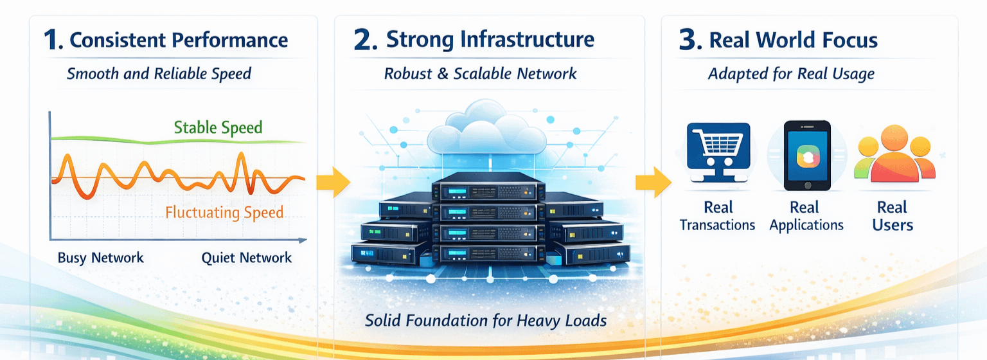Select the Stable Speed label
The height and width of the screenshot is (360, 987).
[x=218, y=127]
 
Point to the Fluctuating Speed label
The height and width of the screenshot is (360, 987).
[x=224, y=212]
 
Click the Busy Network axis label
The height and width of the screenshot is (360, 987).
[x=101, y=258]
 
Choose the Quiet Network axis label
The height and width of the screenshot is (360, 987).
[x=247, y=258]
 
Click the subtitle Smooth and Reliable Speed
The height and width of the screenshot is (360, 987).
[x=159, y=73]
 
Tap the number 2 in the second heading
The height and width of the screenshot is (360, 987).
[x=364, y=40]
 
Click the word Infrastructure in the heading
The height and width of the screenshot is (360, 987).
[x=528, y=40]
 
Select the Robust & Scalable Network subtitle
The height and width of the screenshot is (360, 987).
[x=481, y=73]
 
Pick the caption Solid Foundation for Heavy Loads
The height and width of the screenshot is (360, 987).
[x=486, y=319]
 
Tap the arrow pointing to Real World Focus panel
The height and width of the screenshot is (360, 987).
[x=652, y=182]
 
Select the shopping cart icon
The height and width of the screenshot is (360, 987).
[x=718, y=147]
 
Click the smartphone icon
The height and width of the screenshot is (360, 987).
[x=807, y=156]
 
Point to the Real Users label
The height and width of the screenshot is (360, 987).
[x=893, y=216]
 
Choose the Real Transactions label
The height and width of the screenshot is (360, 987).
[x=718, y=216]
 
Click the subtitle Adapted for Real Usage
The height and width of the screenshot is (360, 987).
[x=791, y=73]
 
